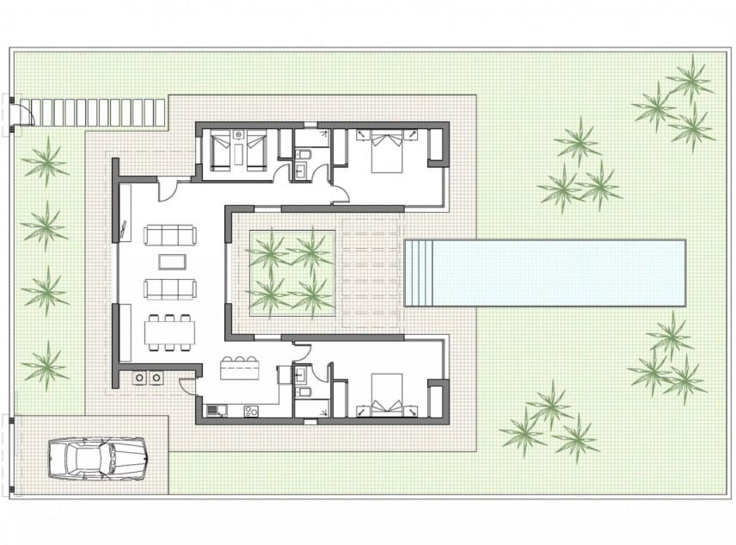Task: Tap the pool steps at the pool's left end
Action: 418,273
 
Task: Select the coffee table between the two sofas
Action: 170,261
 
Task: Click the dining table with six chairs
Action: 170,331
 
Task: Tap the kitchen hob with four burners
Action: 251,411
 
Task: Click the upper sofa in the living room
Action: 169,234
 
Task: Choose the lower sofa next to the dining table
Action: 169,288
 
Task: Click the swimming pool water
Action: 559,273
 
